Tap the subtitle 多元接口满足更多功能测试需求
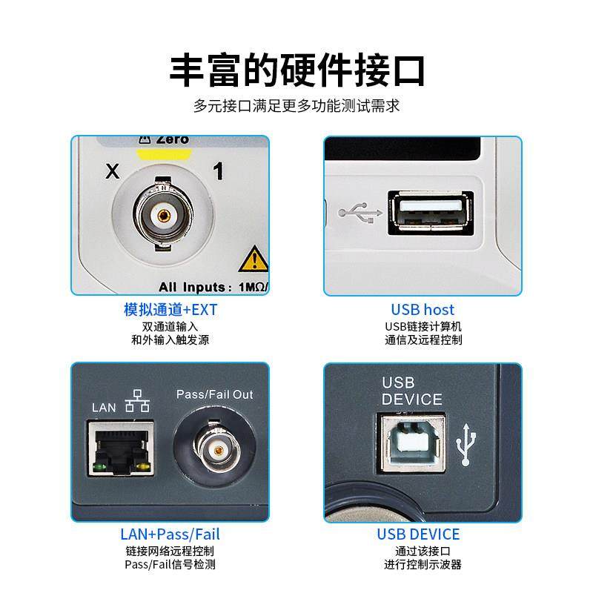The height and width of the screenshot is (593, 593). tap(296, 106)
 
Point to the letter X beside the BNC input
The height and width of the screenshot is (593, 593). tap(113, 173)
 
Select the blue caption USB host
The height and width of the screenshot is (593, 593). tap(423, 310)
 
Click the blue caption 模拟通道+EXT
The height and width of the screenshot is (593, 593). tap(170, 310)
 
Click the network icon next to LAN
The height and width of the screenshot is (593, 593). tap(137, 402)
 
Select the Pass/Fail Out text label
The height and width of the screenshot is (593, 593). tap(214, 394)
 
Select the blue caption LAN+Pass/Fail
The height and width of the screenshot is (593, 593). tap(170, 534)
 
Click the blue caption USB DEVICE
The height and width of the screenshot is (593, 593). tap(418, 534)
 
